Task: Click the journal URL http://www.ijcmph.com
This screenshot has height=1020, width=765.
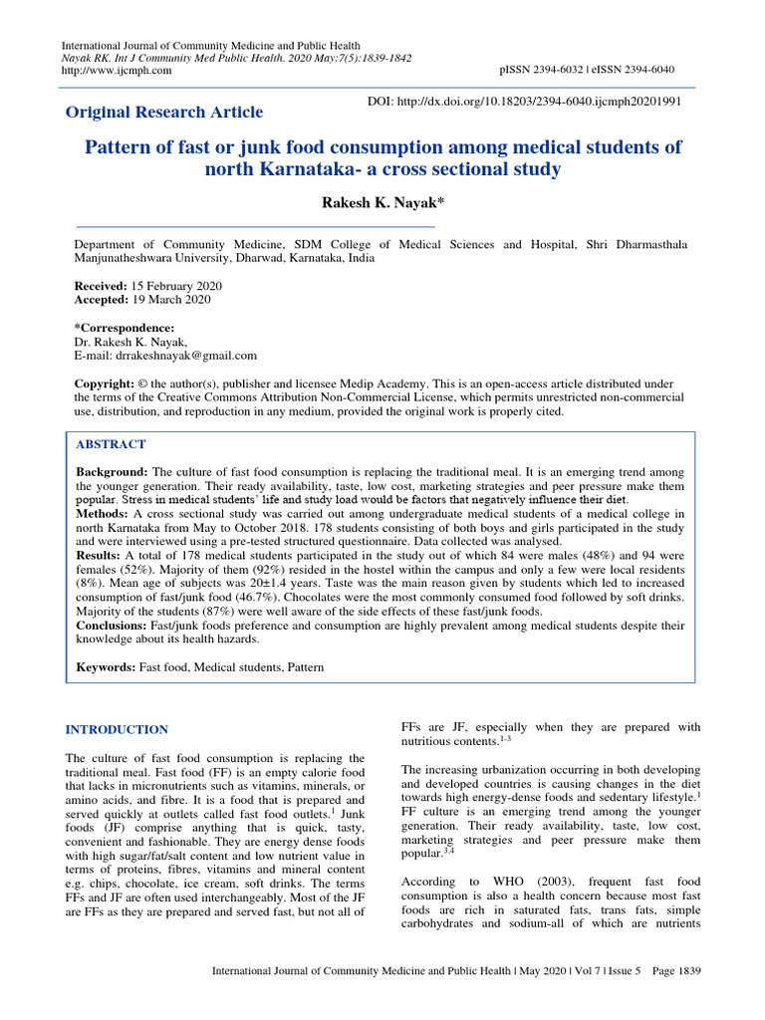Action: click(117, 71)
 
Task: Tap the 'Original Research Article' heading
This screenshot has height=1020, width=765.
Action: click(164, 112)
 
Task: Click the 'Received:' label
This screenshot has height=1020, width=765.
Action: click(102, 286)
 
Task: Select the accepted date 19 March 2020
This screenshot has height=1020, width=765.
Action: click(170, 299)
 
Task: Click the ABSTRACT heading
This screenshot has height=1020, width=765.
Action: click(111, 444)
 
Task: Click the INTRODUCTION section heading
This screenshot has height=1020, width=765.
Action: click(117, 730)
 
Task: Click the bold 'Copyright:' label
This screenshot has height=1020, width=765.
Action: click(105, 383)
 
